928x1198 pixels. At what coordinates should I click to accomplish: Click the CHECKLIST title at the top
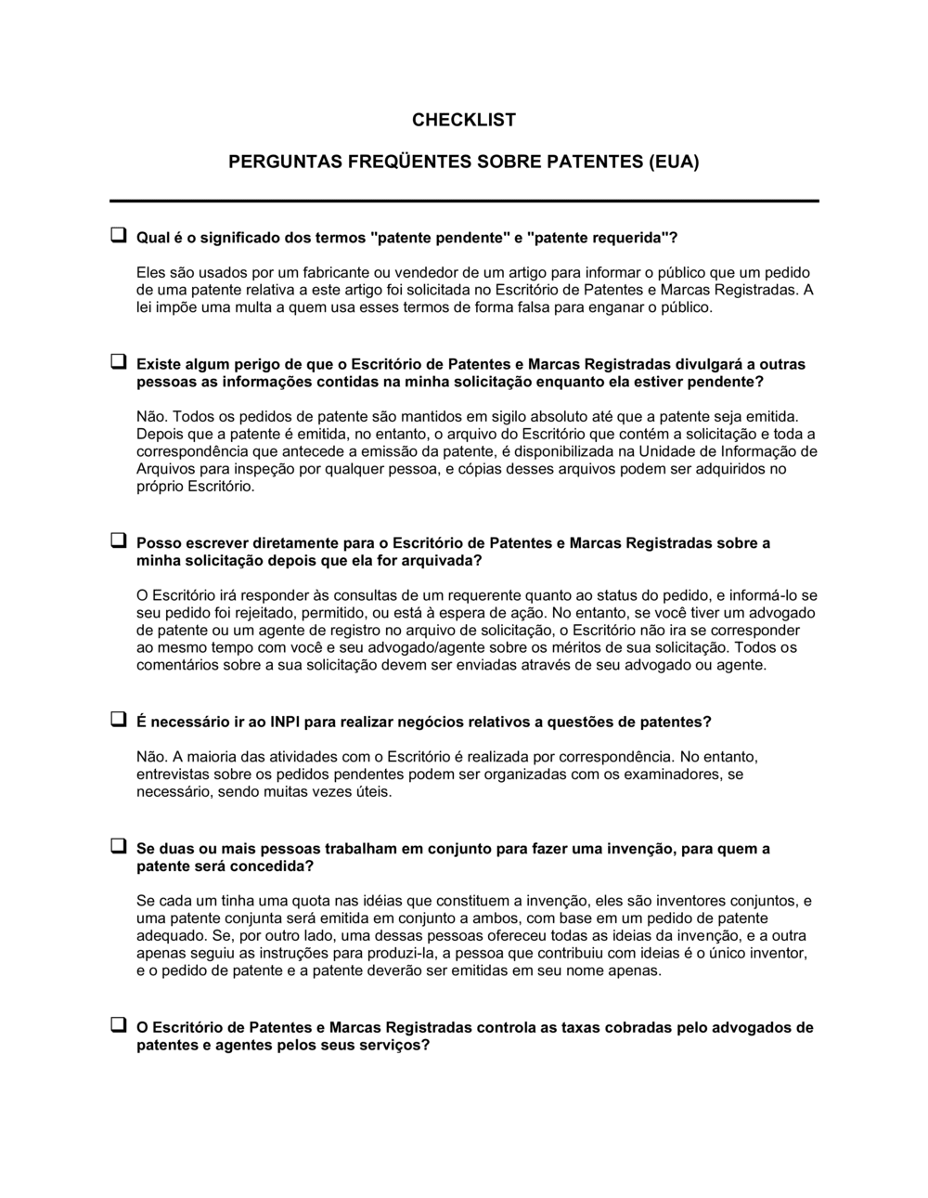click(464, 120)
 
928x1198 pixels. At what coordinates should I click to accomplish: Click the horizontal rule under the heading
click(464, 201)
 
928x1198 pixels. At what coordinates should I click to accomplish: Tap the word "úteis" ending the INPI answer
click(373, 792)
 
